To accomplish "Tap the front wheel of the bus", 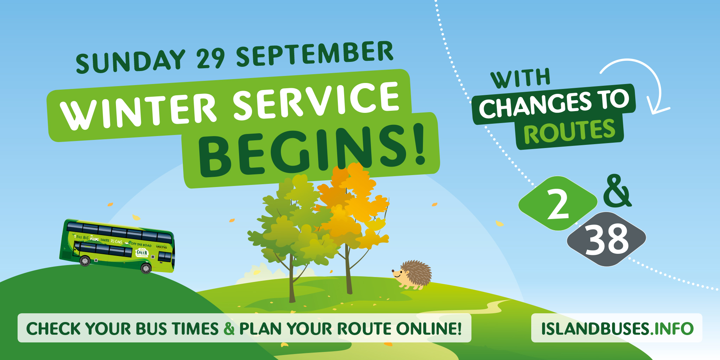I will tap(146, 269).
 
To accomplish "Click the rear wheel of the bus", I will tap(85, 261).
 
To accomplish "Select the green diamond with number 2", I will tap(558, 204).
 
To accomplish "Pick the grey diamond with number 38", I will tap(606, 239).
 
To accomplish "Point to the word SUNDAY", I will tap(130, 62).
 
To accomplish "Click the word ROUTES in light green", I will tap(569, 132).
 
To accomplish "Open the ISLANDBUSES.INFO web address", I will tap(617, 328).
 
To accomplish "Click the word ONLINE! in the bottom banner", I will tap(429, 329).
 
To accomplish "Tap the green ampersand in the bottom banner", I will tap(229, 329).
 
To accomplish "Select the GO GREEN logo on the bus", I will tap(142, 252).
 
